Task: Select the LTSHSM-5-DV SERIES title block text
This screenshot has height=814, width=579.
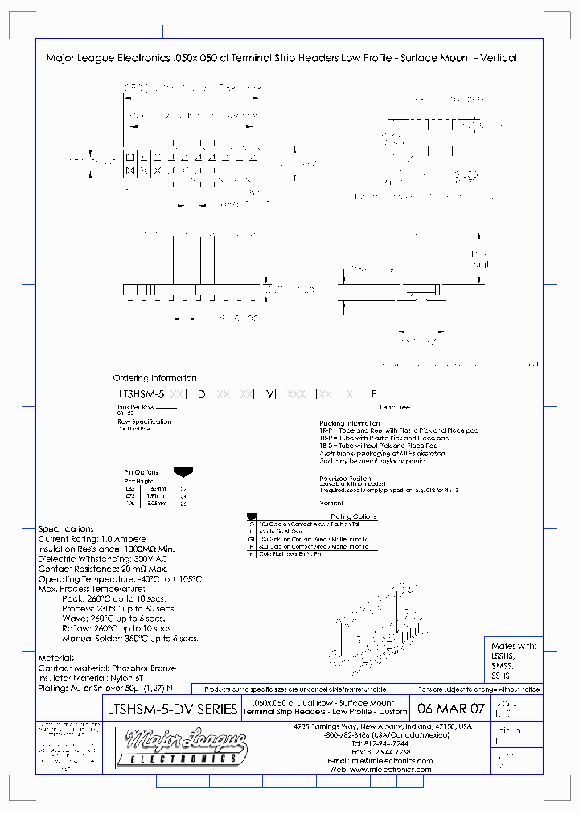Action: (172, 709)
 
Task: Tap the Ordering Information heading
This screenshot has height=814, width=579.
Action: (154, 378)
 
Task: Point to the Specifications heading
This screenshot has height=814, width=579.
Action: (66, 529)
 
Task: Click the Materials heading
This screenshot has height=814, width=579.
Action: (56, 658)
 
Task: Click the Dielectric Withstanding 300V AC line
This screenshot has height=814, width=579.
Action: (102, 559)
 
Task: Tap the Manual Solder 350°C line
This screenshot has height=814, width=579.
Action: (129, 639)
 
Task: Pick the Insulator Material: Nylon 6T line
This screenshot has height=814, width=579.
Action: (102, 678)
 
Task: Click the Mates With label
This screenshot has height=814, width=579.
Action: (513, 646)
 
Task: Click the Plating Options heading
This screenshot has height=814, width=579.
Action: (353, 516)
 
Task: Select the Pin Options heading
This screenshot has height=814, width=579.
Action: (141, 472)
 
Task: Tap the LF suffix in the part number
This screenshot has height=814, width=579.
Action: (371, 394)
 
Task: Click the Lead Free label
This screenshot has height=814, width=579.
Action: (395, 408)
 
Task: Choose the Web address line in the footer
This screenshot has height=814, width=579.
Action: (392, 770)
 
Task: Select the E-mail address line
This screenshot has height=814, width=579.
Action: (392, 761)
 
